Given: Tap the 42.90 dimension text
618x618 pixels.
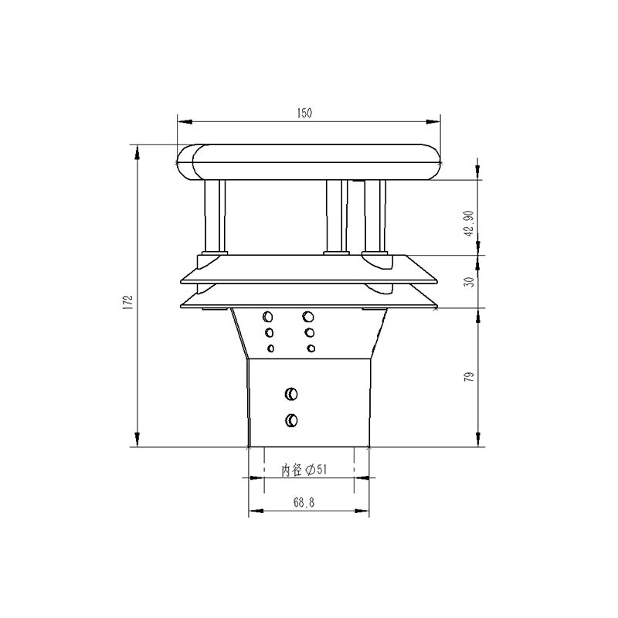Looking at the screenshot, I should point(468,222).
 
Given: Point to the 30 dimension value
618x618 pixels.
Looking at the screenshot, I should point(468,282).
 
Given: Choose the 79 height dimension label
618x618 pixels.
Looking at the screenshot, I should point(469,377).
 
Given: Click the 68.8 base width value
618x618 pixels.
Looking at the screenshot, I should point(304,502).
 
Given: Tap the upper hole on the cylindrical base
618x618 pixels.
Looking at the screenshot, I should point(290,394).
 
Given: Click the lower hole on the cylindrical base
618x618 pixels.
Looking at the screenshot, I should point(290,420).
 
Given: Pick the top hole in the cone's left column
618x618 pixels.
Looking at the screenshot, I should point(268,317).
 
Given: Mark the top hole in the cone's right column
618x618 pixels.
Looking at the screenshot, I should point(309,316).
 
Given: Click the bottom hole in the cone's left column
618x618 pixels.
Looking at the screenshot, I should point(270,348).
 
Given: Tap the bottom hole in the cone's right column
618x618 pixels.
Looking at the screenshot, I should point(311,348).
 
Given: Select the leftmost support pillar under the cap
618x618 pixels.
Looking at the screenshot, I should point(214,216).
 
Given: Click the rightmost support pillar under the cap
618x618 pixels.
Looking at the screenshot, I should point(375,216).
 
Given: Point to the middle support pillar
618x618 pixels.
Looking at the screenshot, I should point(334,216).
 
